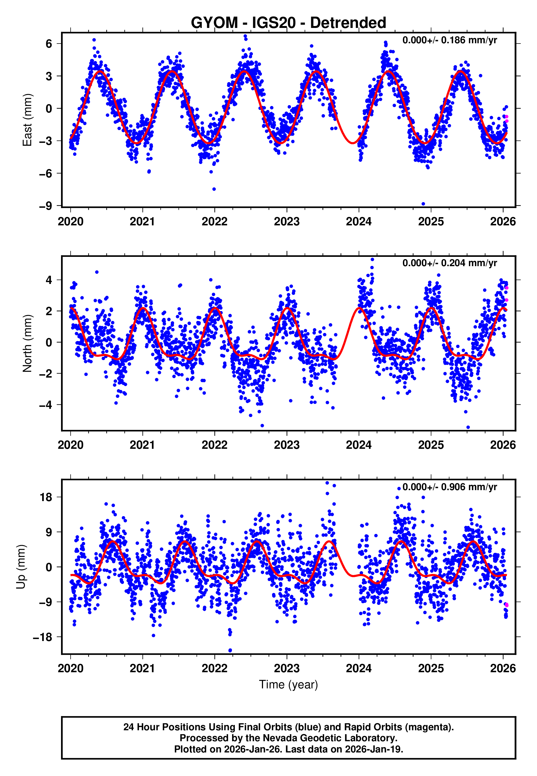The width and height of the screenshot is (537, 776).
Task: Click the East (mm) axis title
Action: [x=27, y=120]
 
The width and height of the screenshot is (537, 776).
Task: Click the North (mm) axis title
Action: [x=27, y=343]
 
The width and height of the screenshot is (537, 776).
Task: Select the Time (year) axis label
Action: [x=288, y=685]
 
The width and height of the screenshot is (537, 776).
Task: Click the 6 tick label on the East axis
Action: [x=49, y=44]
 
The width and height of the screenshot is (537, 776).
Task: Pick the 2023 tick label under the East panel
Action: [x=287, y=222]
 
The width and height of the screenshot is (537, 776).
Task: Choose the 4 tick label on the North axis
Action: [x=49, y=280]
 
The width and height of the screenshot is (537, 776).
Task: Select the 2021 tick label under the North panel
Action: [x=142, y=445]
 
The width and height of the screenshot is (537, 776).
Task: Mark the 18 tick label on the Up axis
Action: [x=46, y=497]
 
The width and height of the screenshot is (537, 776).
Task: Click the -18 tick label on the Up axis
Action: [x=43, y=637]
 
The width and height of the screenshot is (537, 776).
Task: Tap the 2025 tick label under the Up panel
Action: [x=431, y=668]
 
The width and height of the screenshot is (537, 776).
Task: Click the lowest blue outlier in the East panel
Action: [x=423, y=204]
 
